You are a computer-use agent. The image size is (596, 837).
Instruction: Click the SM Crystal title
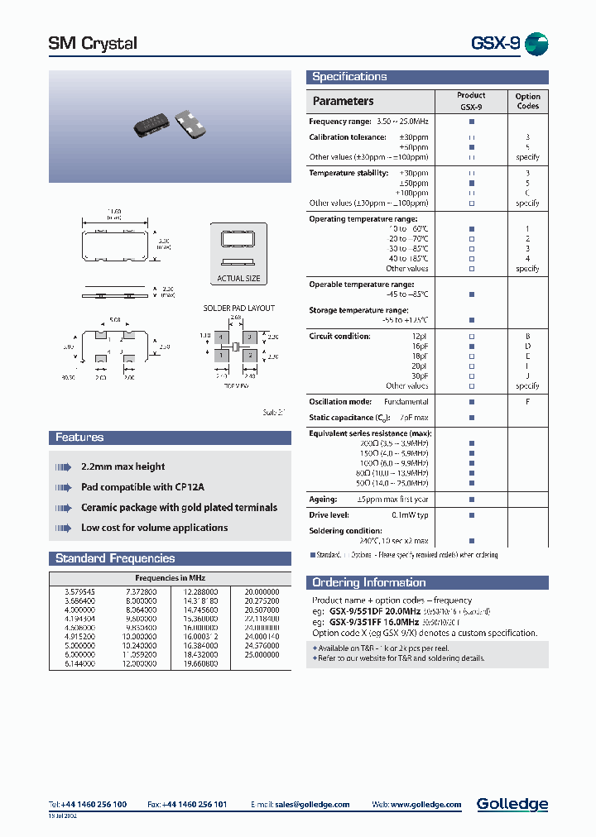tap(93, 44)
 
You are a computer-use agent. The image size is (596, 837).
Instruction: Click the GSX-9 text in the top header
tap(495, 44)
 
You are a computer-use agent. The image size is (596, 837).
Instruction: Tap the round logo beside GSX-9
tap(536, 44)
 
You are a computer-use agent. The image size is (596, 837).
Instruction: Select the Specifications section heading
tap(349, 77)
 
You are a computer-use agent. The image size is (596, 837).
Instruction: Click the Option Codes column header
tap(527, 101)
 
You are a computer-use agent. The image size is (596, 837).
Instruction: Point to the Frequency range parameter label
tap(339, 122)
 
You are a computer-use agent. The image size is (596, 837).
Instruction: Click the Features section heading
tap(79, 438)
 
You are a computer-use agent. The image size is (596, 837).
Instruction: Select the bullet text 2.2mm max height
tap(123, 467)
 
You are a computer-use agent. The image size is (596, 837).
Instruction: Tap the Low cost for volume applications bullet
tap(154, 528)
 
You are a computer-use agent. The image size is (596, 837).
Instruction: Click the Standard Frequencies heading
tap(115, 558)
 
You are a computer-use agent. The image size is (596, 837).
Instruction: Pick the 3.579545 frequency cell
tap(79, 592)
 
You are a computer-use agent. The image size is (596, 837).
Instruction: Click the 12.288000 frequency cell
tap(200, 592)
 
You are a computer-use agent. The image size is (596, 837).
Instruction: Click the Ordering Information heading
tap(369, 582)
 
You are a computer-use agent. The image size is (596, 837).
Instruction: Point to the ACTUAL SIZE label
tap(238, 279)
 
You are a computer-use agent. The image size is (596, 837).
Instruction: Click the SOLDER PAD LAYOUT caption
tap(239, 308)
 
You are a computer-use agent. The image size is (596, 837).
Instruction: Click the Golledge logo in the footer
tap(512, 804)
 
